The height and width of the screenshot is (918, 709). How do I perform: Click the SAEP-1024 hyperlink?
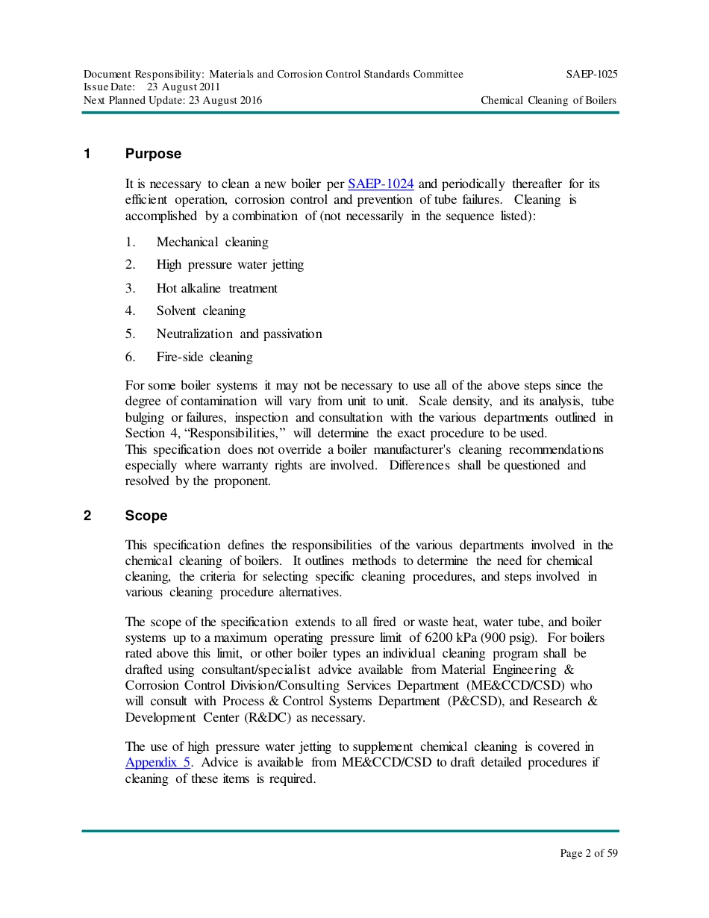tap(381, 184)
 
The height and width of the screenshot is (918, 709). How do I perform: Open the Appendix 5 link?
tap(158, 763)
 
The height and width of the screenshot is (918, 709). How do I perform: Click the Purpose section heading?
tap(153, 154)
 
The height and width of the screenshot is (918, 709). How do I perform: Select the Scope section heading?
tap(146, 516)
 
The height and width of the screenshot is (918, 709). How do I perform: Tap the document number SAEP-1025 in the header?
tap(591, 75)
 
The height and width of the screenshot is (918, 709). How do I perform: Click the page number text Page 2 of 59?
tap(589, 854)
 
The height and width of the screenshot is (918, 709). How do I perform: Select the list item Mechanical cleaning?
tap(212, 243)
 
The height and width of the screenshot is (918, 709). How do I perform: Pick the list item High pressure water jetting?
tap(230, 265)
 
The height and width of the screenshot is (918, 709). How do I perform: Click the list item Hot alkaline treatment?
tap(216, 289)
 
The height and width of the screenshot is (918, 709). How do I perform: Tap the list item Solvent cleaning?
tap(201, 311)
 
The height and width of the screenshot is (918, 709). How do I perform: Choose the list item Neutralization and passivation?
tap(239, 334)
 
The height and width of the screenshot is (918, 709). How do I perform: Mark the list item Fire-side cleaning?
tap(204, 357)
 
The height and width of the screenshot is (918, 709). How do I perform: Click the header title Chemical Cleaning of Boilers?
tap(549, 101)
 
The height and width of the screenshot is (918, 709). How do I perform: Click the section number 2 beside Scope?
tap(87, 516)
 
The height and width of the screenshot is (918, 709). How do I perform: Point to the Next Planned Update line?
tap(172, 101)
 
